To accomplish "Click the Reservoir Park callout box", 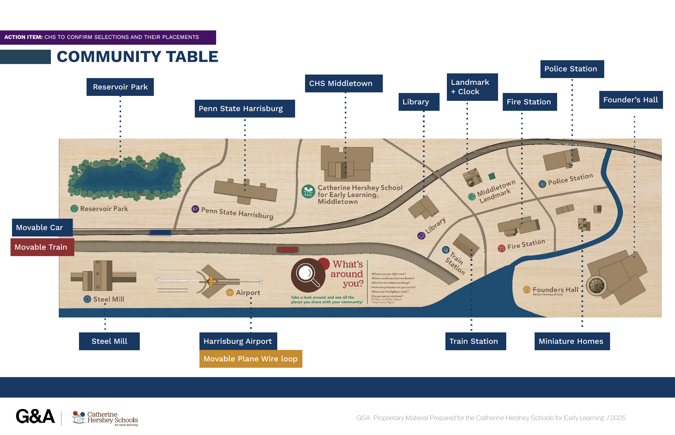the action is click(120, 87).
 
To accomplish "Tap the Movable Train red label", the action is click(42, 247).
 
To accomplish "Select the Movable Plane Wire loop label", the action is click(251, 359).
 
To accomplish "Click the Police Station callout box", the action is click(572, 69).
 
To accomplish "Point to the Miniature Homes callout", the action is click(572, 341).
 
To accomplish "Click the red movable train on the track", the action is click(287, 249).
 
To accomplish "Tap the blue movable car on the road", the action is click(160, 232).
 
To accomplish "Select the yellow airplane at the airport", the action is click(211, 281).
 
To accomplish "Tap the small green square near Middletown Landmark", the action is click(492, 176).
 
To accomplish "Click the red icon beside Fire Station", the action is click(502, 248).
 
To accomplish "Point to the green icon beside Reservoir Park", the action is click(74, 208).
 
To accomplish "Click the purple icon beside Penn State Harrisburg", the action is click(195, 209).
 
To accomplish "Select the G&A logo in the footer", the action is click(35, 416).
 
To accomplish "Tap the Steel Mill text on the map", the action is click(109, 299).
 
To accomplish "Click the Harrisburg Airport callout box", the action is click(238, 341).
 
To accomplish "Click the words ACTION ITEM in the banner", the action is click(23, 37).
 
